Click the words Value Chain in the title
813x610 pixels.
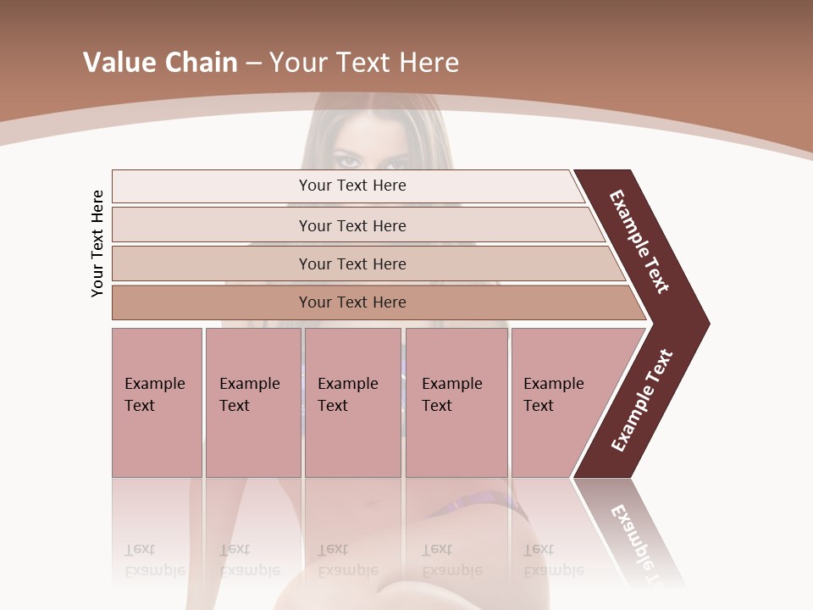(x=160, y=62)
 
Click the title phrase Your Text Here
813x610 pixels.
(x=364, y=62)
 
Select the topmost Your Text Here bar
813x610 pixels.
(x=352, y=186)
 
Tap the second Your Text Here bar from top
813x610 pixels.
(x=352, y=225)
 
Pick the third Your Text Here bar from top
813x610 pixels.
(x=352, y=263)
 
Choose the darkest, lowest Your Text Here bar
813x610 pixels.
(x=352, y=302)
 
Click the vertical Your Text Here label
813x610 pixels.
(x=97, y=243)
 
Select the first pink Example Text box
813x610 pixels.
(x=157, y=402)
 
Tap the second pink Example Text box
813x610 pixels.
(x=252, y=402)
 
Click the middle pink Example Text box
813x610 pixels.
(x=352, y=402)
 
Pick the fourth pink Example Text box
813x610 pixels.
(x=456, y=402)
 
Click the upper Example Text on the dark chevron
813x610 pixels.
(x=639, y=241)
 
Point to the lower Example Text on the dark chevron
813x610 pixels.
(x=642, y=401)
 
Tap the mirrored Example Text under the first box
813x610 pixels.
(x=154, y=559)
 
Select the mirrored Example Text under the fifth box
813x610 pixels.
(x=553, y=559)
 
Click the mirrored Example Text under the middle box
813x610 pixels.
(x=347, y=559)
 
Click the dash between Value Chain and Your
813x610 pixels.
(x=253, y=63)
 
